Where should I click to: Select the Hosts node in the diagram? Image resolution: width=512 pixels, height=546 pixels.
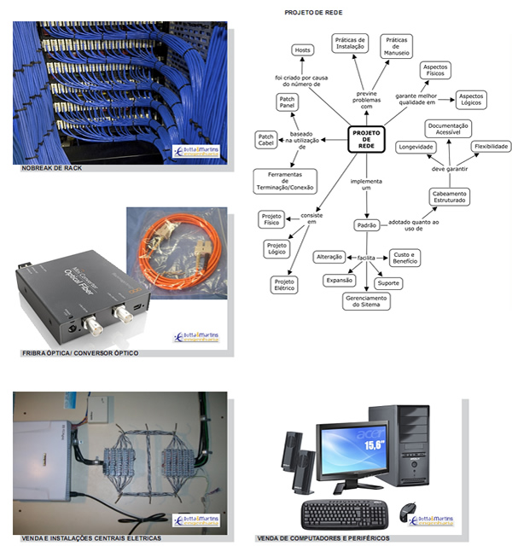(302, 50)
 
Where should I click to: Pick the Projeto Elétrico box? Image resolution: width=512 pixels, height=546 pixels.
(284, 284)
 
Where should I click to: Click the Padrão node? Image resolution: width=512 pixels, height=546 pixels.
(366, 225)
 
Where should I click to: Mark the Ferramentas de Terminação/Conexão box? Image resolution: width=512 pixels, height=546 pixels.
(285, 181)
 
